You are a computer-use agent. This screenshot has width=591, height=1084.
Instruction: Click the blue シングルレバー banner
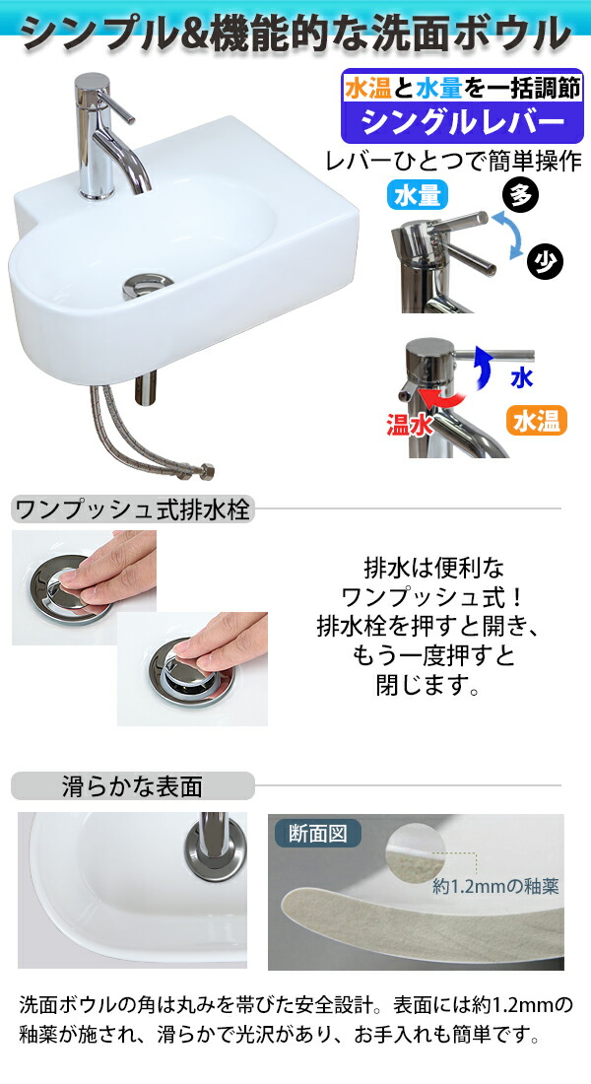pos(461,122)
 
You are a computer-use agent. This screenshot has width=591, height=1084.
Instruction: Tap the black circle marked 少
pos(544,261)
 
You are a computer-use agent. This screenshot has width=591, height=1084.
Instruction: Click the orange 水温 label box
pos(538,421)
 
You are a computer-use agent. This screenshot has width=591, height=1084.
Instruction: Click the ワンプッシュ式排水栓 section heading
pos(132,509)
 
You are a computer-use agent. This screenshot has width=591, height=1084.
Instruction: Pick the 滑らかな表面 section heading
pos(132,786)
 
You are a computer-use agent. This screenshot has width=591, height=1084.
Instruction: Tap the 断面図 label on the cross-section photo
pos(317,834)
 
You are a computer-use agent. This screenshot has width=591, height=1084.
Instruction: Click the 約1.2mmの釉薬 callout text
pos(496,885)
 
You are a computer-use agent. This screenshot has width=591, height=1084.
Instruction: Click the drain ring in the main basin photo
pos(148,286)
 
